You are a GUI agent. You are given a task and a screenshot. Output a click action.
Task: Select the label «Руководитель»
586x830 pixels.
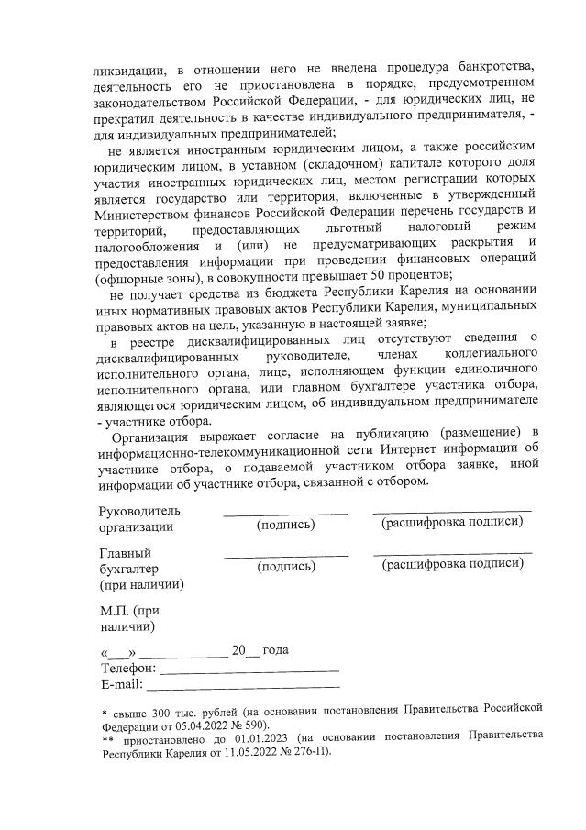pyautogui.click(x=139, y=511)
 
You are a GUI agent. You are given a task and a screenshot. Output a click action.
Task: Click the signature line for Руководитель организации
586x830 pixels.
pyautogui.click(x=285, y=512)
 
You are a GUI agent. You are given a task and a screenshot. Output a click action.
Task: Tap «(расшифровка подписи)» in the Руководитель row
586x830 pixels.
pyautogui.click(x=452, y=523)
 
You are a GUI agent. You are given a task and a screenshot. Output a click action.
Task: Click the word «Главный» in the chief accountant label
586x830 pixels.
pyautogui.click(x=125, y=553)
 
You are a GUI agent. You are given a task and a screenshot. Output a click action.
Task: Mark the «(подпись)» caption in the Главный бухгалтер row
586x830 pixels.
pyautogui.click(x=286, y=568)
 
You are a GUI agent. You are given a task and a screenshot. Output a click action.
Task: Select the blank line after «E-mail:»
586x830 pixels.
pyautogui.click(x=243, y=686)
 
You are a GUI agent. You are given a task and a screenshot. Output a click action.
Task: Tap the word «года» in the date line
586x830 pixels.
pyautogui.click(x=276, y=651)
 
